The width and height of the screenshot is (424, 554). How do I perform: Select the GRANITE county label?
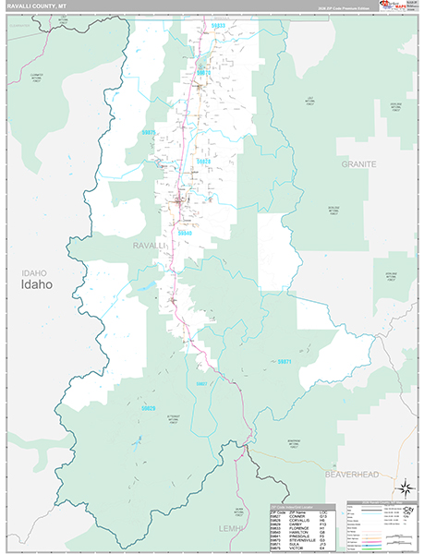[x=359, y=163]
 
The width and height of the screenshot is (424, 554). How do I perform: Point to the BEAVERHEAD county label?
[x=354, y=473]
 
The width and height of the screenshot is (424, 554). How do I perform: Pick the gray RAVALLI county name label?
[x=147, y=247]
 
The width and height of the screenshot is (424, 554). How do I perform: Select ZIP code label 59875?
[x=148, y=133]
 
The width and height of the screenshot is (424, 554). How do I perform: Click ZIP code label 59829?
[x=148, y=407]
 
